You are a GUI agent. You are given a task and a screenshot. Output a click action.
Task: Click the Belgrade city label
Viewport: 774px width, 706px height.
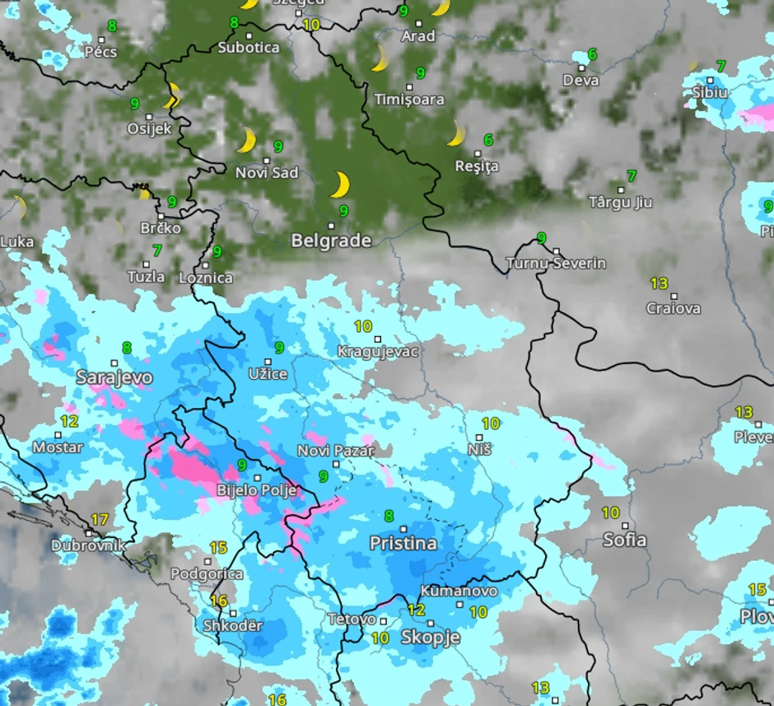[331, 241]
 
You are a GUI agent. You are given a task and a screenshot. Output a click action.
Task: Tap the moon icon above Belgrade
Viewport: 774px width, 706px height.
[339, 185]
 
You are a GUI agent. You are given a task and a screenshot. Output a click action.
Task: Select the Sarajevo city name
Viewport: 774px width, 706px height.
[114, 378]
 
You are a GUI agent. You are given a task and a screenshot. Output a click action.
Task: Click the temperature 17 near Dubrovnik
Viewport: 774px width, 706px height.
[100, 520]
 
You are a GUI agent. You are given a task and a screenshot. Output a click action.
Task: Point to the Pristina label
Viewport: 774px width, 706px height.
[403, 544]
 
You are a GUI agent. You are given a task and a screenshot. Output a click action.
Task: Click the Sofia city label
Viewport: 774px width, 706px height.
[624, 540]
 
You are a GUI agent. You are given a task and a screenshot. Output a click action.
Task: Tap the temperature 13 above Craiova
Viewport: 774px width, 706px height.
[659, 283]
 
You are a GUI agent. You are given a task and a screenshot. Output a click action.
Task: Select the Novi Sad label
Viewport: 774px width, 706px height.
[267, 173]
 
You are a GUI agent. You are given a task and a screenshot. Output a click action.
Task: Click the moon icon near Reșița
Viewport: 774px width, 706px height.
[455, 133]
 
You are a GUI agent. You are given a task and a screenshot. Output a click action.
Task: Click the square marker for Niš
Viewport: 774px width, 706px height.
[479, 437]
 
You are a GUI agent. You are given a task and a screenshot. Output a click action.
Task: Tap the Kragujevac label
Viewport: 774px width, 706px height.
[378, 352]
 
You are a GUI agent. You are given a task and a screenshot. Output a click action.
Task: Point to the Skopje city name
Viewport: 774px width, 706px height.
[430, 637]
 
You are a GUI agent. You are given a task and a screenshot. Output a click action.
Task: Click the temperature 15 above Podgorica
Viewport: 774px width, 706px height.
[218, 548]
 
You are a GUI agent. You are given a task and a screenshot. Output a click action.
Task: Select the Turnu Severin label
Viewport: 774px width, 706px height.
[556, 264]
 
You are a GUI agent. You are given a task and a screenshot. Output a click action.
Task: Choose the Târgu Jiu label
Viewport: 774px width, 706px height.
[620, 203]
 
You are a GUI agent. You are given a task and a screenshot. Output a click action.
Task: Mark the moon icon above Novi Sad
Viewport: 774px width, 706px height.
[246, 140]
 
